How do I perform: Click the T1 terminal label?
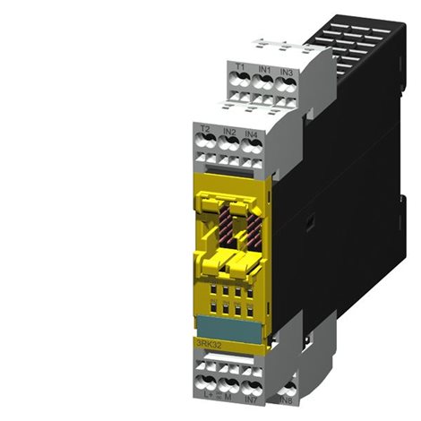click(x=240, y=68)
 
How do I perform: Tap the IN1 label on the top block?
click(x=264, y=68)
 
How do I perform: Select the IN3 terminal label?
click(x=287, y=69)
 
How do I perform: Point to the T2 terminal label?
click(x=205, y=131)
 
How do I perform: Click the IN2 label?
click(x=228, y=132)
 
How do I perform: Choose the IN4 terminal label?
click(x=251, y=133)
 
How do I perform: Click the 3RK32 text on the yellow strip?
click(x=209, y=341)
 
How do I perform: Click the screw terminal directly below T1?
click(x=240, y=82)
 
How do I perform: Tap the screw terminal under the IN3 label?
click(x=287, y=83)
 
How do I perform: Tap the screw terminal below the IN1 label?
click(x=264, y=82)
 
